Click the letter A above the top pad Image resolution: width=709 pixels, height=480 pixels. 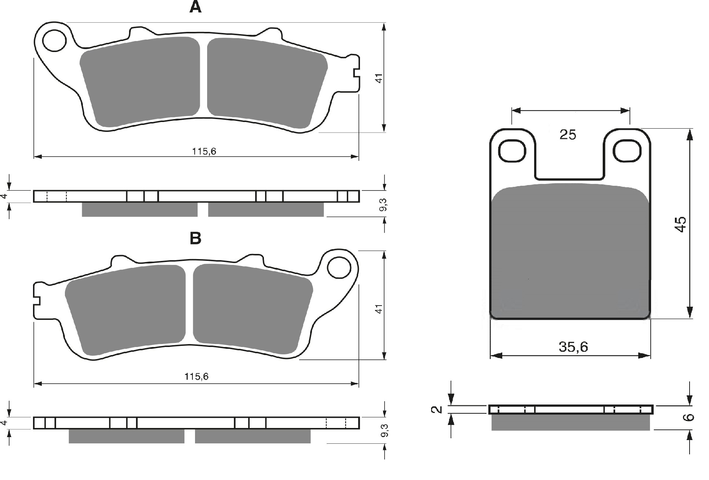point(195,7)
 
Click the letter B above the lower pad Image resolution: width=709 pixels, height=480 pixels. point(195,239)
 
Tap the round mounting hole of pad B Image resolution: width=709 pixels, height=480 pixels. point(339,267)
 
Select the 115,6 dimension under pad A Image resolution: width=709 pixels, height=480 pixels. point(204,151)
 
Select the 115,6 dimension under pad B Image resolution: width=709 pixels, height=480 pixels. point(196,377)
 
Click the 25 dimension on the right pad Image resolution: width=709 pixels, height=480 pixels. point(568,135)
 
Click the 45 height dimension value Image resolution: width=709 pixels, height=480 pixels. point(680,224)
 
